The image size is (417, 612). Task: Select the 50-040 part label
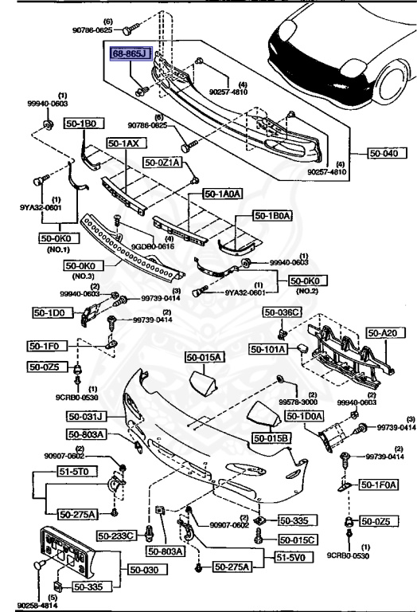[x=384, y=154]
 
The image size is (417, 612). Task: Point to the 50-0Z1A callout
[x=163, y=163]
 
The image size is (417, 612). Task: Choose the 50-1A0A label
[x=221, y=194]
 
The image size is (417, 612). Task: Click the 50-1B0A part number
[x=274, y=215]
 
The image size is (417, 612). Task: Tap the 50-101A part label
[x=269, y=348]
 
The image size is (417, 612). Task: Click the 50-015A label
[x=205, y=358]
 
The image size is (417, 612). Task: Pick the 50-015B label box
[x=272, y=437]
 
